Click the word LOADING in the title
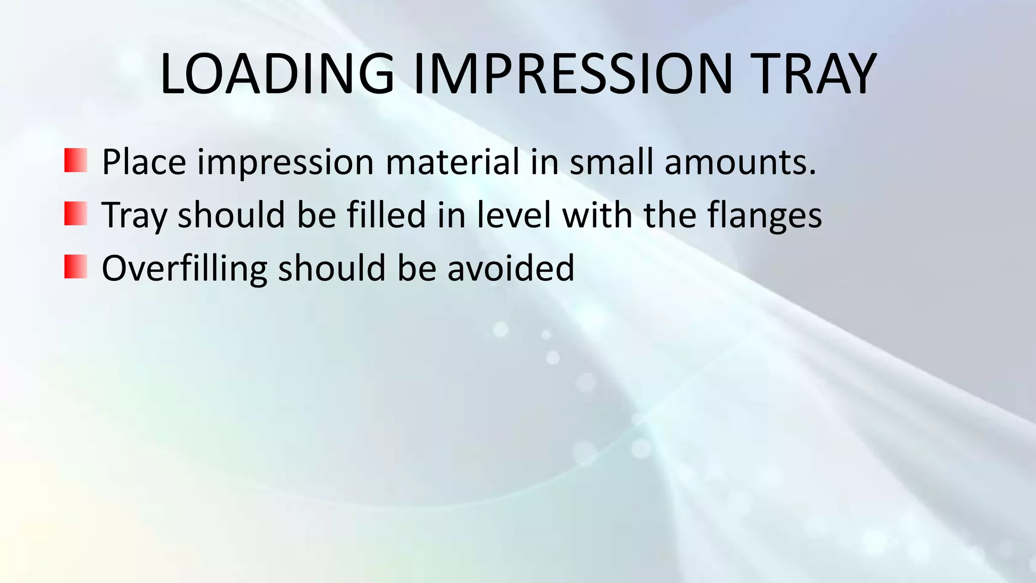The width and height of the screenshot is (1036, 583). tap(277, 74)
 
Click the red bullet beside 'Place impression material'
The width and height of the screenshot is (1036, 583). tap(76, 160)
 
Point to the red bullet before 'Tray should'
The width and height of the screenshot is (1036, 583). tap(76, 214)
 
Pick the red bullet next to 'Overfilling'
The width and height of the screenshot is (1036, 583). tap(76, 267)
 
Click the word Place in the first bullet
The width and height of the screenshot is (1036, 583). tap(144, 162)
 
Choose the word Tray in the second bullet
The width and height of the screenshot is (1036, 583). tap(134, 216)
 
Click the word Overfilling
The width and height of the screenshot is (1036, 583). tap(184, 268)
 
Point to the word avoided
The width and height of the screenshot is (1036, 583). tap(510, 268)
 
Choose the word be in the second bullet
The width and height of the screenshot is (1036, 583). tap(317, 215)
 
